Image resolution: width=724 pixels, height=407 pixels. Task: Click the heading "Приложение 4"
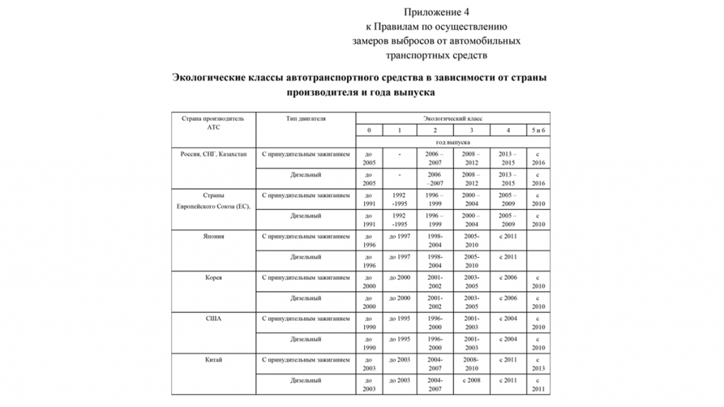click(436, 12)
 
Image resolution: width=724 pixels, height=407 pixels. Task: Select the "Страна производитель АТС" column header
click(214, 123)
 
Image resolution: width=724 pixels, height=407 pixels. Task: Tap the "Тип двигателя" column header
click(305, 119)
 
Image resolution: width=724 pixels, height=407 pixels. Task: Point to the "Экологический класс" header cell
click(452, 119)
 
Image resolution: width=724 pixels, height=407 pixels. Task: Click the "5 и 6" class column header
click(539, 131)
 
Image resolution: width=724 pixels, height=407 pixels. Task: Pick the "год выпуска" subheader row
click(452, 142)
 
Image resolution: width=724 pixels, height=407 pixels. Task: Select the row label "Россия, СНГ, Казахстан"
click(214, 153)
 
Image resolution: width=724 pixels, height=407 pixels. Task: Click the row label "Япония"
click(214, 236)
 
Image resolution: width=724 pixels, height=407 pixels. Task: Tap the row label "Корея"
click(214, 278)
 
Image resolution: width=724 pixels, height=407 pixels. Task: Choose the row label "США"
click(214, 319)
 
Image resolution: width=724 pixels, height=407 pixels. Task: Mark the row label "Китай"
click(214, 360)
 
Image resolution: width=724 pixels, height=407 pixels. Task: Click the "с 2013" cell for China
click(539, 364)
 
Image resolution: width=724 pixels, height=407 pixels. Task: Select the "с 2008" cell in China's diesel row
click(472, 380)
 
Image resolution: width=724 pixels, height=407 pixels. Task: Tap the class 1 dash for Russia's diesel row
click(399, 174)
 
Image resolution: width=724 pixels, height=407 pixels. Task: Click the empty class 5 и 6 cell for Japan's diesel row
click(539, 261)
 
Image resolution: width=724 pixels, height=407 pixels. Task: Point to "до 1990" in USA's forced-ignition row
click(368, 323)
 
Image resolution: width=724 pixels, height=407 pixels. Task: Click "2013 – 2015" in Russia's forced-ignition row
click(508, 158)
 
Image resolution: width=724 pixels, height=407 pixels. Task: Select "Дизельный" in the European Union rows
click(305, 216)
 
